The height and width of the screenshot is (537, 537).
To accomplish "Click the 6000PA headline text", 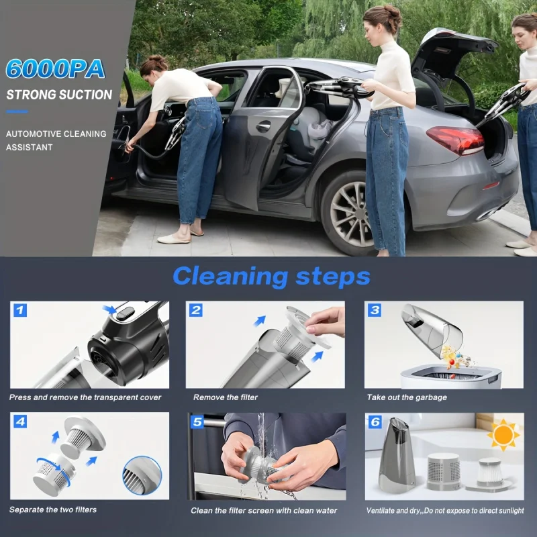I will tap(54, 68).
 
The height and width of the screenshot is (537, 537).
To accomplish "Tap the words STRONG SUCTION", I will tap(59, 95).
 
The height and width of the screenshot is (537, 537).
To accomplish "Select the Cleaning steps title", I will tap(271, 276).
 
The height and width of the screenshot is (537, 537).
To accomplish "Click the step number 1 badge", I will tap(19, 310).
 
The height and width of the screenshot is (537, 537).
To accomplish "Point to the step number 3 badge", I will tap(375, 310).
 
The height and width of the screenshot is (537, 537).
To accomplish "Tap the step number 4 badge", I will tap(19, 422).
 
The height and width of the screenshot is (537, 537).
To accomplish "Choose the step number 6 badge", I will tap(375, 422).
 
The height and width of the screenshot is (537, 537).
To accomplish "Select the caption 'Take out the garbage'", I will tap(407, 397).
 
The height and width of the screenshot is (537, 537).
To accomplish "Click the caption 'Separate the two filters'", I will tap(53, 509).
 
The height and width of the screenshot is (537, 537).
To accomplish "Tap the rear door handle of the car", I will tap(263, 126).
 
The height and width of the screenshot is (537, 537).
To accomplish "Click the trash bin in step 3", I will tap(450, 377).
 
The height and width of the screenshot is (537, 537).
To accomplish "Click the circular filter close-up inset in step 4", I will tap(142, 475).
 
